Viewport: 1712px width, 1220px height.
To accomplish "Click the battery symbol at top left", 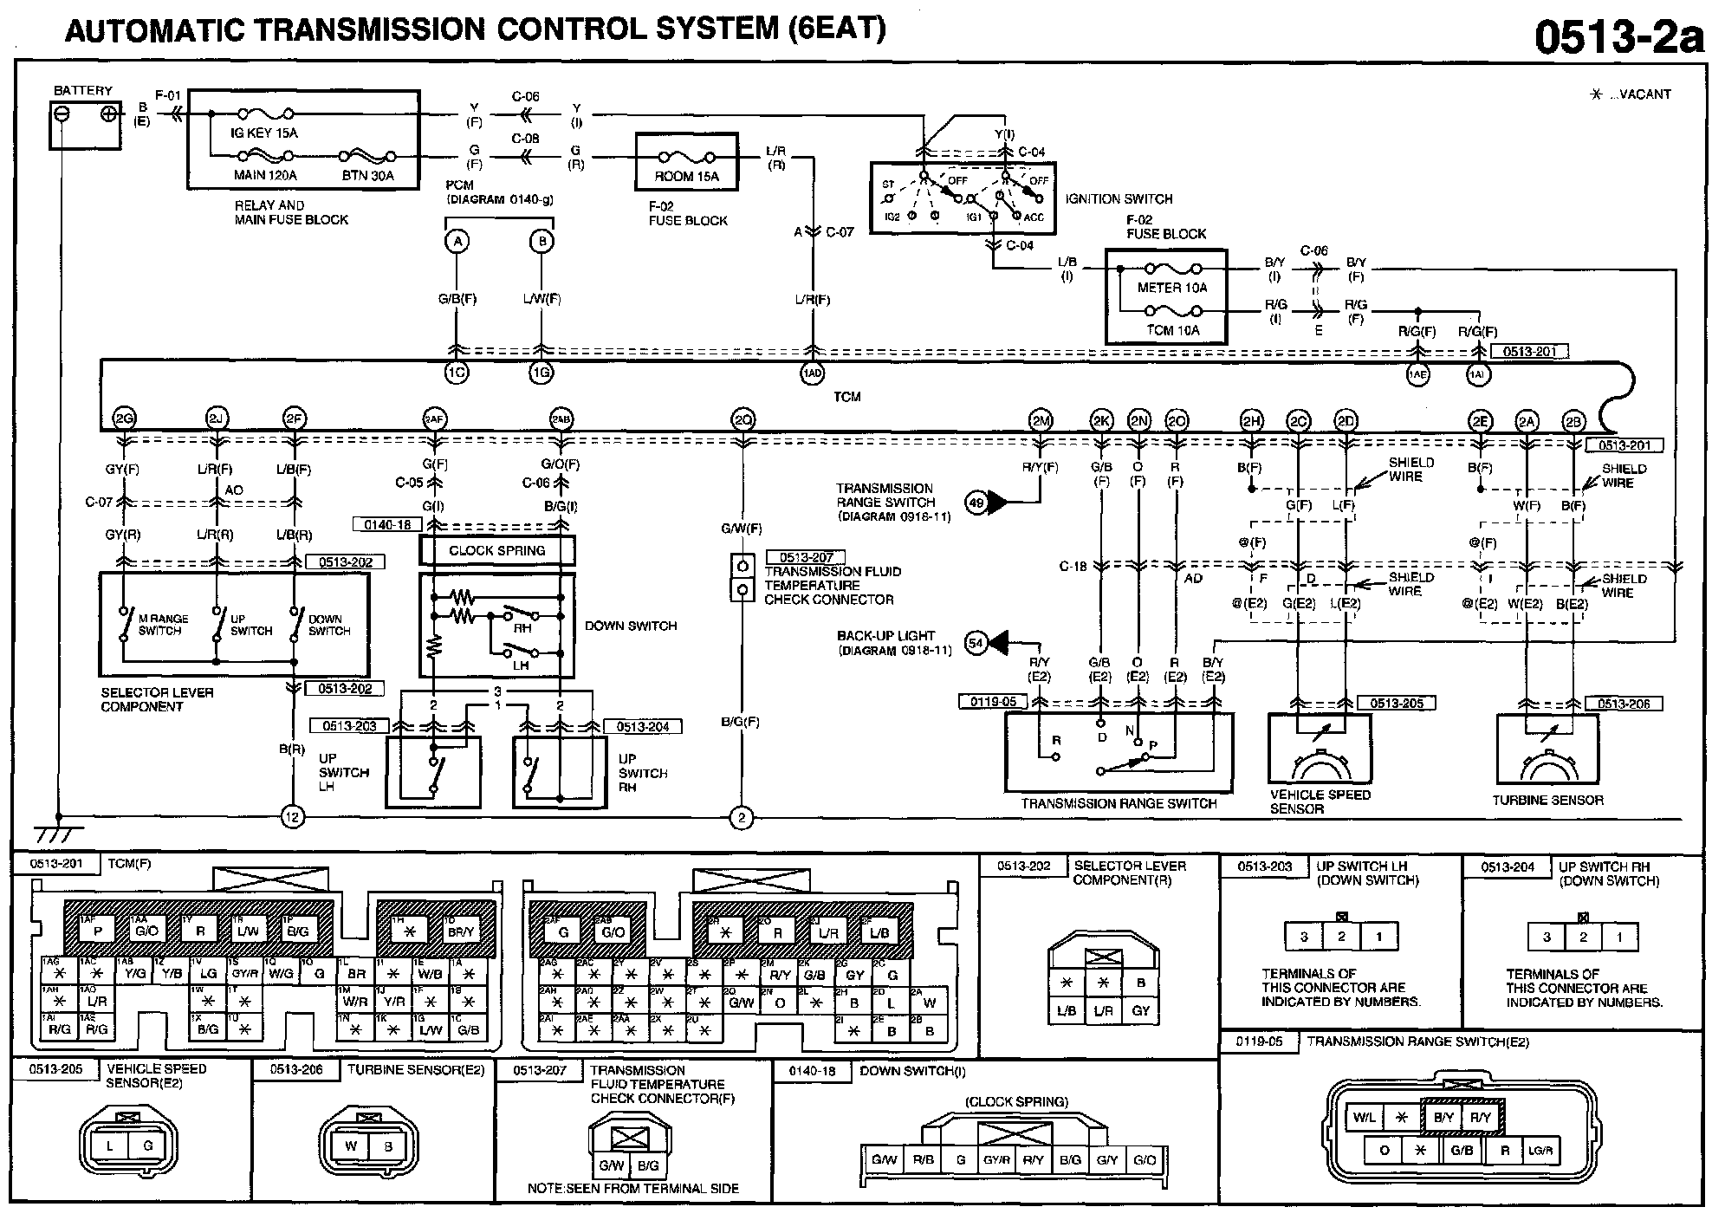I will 84,124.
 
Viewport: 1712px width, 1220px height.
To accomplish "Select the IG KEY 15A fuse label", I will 263,133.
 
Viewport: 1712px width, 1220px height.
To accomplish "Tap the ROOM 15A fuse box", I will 686,162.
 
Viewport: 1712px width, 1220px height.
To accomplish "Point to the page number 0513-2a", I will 1618,36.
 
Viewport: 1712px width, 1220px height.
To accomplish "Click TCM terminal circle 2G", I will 125,420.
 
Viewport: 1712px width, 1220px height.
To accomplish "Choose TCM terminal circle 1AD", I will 812,373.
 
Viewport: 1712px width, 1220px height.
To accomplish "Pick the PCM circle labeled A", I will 457,242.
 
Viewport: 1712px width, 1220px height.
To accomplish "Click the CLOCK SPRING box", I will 496,550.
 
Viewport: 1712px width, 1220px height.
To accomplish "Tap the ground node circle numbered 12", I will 293,816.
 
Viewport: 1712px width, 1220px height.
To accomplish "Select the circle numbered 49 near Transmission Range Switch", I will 976,502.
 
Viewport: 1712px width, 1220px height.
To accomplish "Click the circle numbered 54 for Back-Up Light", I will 976,643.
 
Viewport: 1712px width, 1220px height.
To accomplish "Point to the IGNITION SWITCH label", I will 1119,198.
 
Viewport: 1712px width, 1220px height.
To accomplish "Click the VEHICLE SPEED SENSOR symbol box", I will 1320,748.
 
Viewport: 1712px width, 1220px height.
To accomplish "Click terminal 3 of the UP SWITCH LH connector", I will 1303,937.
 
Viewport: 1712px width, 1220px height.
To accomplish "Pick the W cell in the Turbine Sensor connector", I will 350,1145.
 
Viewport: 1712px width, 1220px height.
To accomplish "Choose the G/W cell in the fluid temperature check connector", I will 613,1165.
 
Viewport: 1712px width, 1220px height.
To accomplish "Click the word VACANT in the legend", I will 1644,94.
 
